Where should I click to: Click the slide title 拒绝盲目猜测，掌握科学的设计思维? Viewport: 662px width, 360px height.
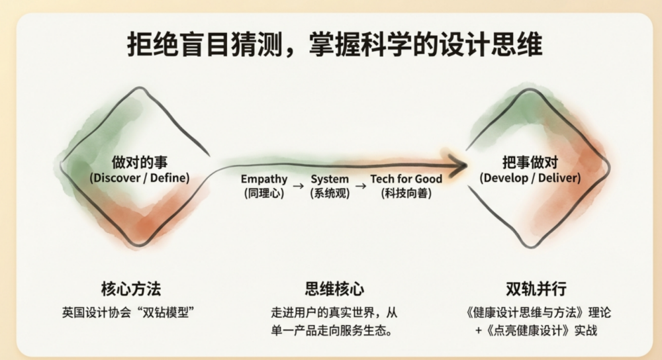[334, 44]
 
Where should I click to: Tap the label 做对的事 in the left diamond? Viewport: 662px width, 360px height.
[140, 162]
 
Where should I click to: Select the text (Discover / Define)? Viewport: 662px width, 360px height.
[140, 177]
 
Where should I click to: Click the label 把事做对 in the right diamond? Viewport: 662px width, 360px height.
[530, 162]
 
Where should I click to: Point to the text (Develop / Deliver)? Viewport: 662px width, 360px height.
[530, 177]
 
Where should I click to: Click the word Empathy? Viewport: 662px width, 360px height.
[264, 179]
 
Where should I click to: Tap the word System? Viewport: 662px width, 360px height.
[330, 179]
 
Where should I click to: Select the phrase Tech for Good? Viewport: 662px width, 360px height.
[406, 179]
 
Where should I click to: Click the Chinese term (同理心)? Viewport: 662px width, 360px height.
[264, 193]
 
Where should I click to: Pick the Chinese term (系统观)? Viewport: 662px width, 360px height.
[330, 193]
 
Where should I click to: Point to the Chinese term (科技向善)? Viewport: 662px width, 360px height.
[406, 193]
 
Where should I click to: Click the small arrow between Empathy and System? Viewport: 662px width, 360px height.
[299, 186]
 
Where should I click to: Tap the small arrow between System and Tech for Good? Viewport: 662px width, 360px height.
[361, 186]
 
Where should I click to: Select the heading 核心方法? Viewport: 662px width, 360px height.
[131, 289]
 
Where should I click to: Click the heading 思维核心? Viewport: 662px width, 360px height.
[334, 289]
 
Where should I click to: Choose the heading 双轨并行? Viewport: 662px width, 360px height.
[536, 289]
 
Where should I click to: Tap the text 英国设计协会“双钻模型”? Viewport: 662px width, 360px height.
[128, 312]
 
